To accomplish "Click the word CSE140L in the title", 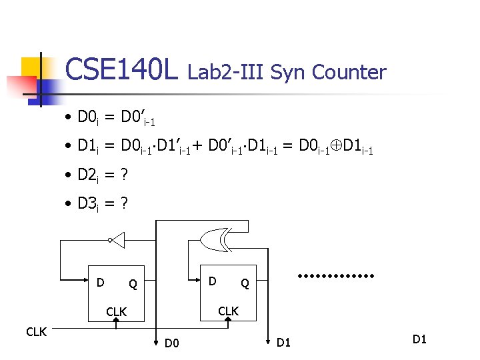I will point(122,69).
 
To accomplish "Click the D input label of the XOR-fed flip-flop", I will point(212,281).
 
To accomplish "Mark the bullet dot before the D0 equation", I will point(69,119).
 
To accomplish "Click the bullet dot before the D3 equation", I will point(69,204).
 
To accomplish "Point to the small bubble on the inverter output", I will point(109,239).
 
